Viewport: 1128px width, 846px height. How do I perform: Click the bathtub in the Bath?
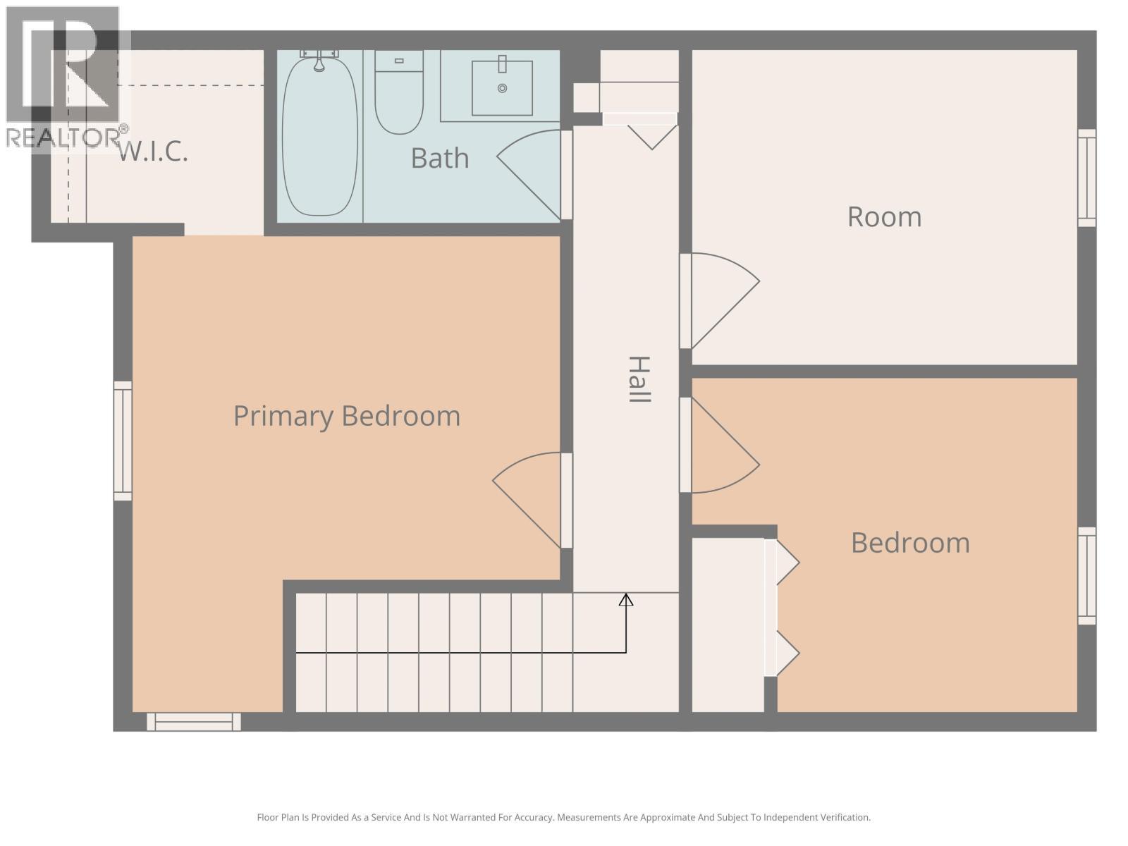(x=319, y=137)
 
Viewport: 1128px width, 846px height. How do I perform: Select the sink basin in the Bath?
(x=502, y=88)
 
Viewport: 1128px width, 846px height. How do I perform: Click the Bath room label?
(x=440, y=158)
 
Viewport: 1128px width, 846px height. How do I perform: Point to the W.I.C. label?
(x=153, y=151)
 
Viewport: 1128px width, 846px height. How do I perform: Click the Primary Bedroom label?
(x=346, y=416)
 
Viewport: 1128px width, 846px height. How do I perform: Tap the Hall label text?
(x=638, y=379)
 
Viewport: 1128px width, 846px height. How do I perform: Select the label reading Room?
(x=884, y=216)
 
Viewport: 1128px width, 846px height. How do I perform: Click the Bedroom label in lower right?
(x=910, y=543)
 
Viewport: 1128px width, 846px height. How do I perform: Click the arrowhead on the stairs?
(x=626, y=599)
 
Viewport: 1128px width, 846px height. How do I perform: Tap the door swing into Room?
(x=723, y=300)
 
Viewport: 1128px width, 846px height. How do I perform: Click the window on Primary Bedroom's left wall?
(x=123, y=441)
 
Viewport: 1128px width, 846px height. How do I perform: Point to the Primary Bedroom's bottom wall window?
(x=194, y=722)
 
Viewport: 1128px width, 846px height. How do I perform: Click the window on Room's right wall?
(x=1087, y=178)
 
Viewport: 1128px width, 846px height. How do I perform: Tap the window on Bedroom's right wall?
(x=1087, y=576)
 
